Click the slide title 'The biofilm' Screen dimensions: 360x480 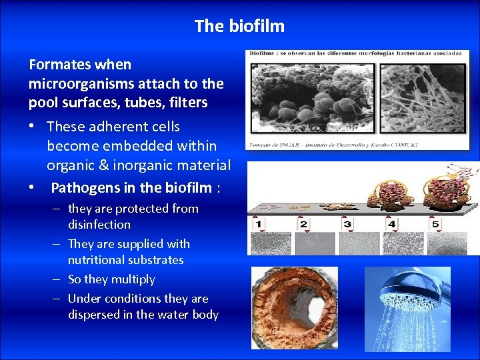coord(239,26)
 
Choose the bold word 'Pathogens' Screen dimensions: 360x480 coord(83,187)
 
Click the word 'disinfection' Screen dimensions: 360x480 coord(99,225)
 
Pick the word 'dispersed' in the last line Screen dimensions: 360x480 coord(95,315)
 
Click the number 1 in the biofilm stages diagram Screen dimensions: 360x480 coord(259,224)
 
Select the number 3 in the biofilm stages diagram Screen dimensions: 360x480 coord(347,224)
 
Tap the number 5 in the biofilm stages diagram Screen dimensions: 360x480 coord(436,224)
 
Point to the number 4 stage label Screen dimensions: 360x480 coord(392,224)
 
